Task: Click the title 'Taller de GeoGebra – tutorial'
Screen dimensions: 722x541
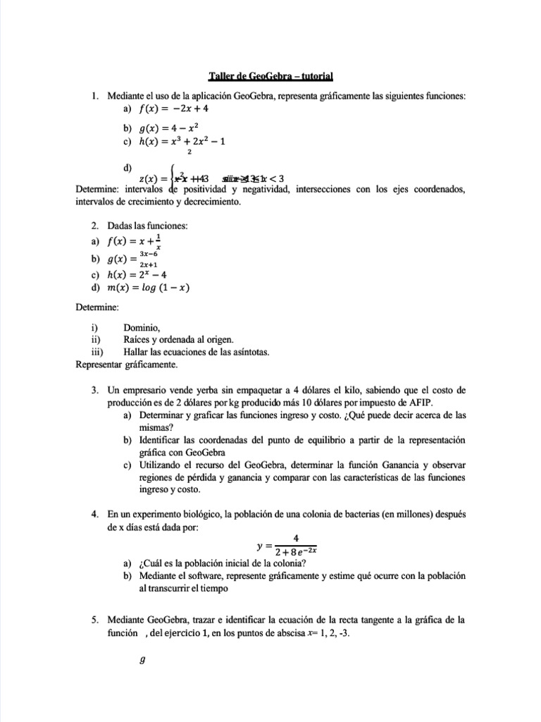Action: click(270, 77)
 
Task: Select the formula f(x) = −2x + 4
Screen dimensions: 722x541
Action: click(174, 109)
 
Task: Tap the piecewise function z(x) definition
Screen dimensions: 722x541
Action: click(211, 178)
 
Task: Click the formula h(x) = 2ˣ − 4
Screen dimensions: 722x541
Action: click(147, 274)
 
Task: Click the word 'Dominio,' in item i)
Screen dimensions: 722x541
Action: click(142, 327)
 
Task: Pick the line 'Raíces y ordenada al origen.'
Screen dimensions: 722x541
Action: click(182, 339)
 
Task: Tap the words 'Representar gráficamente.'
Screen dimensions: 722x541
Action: click(127, 365)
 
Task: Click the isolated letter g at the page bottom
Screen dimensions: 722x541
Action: click(142, 661)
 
